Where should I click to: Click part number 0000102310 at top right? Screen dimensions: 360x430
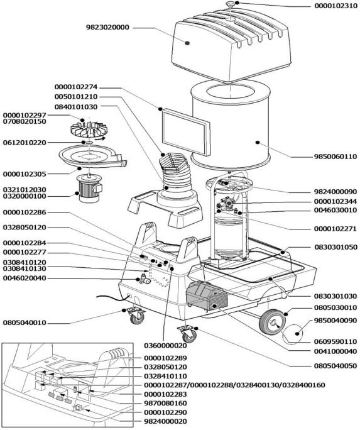click(x=335, y=6)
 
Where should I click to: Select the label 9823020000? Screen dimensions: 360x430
click(x=107, y=28)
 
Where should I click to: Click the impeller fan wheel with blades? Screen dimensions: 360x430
click(x=89, y=130)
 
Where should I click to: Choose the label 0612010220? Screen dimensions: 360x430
click(x=25, y=143)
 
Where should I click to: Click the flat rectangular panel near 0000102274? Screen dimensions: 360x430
click(x=187, y=132)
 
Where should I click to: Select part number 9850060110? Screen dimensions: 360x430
click(x=335, y=157)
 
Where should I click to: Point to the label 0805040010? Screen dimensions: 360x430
click(x=25, y=322)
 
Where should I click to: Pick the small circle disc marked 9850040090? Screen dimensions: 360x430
click(x=293, y=333)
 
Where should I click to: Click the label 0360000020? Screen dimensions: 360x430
click(x=165, y=346)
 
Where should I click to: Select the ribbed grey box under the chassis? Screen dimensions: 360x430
click(x=207, y=296)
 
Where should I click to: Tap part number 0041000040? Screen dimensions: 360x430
click(x=335, y=351)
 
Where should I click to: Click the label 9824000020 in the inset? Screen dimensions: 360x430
click(x=165, y=421)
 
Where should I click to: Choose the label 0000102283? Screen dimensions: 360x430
click(x=165, y=394)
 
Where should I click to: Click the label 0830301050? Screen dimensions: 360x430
click(x=335, y=247)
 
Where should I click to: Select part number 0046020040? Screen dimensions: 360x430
click(x=25, y=278)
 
